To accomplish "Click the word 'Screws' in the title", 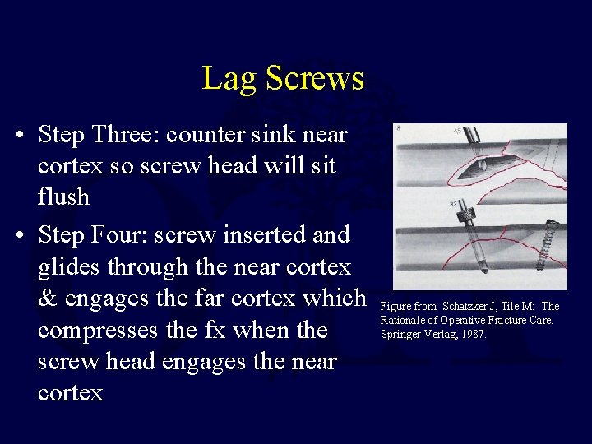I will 313,78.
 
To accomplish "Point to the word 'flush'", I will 63,197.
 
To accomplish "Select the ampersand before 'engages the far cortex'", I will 48,298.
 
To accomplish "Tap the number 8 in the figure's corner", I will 399,129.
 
